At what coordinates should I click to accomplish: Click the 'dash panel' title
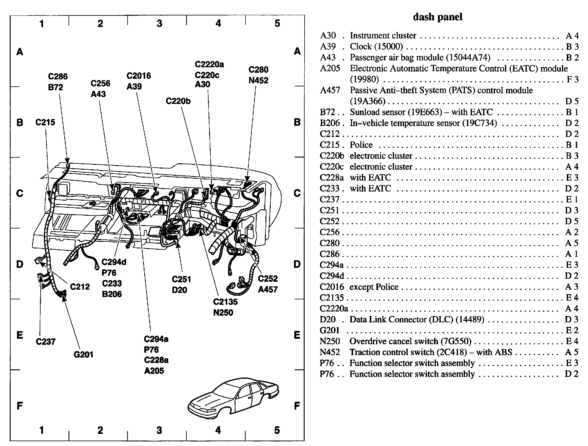(x=437, y=17)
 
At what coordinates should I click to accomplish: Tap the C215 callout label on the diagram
(x=45, y=122)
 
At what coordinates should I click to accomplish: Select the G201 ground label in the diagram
(x=83, y=354)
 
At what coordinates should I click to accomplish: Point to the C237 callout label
(x=45, y=342)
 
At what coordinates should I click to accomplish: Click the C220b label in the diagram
(x=178, y=101)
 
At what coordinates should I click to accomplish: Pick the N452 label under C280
(x=258, y=81)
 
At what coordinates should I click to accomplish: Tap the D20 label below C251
(x=179, y=290)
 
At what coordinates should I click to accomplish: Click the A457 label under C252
(x=268, y=289)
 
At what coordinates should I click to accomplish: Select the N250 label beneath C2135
(x=223, y=312)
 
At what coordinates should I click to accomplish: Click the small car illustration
(x=233, y=397)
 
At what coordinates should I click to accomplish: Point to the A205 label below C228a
(x=154, y=371)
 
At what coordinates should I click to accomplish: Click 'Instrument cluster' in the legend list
(x=383, y=35)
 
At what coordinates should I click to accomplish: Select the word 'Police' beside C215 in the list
(x=361, y=145)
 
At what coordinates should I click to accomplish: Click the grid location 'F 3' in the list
(x=572, y=79)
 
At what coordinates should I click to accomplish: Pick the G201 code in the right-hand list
(x=329, y=330)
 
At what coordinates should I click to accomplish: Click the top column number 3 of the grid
(x=159, y=23)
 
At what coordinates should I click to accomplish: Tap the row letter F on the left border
(x=20, y=405)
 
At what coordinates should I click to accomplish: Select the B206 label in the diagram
(x=112, y=294)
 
